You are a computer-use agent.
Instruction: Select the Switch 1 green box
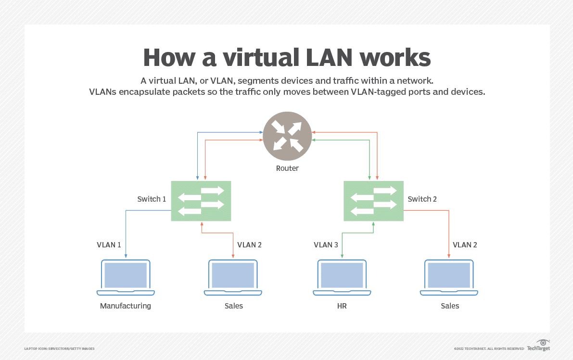coord(201,201)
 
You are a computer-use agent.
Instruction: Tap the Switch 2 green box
coord(373,201)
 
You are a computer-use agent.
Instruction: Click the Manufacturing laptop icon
coord(126,278)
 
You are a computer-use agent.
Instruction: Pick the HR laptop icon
coord(342,278)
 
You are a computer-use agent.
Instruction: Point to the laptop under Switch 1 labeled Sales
coord(233,278)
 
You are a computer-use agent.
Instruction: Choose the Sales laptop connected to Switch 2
coord(449,278)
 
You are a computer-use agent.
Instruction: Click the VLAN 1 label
coord(109,244)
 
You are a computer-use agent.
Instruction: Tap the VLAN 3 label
coord(326,244)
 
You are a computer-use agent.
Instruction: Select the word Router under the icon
coord(287,168)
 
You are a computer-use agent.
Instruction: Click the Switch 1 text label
coord(152,199)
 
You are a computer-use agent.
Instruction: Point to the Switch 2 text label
coord(422,199)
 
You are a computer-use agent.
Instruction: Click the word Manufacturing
coord(126,306)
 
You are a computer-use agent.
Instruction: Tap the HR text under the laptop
coord(342,306)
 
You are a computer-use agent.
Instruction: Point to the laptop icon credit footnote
coord(59,348)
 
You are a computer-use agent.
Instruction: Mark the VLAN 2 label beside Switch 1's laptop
coord(250,244)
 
